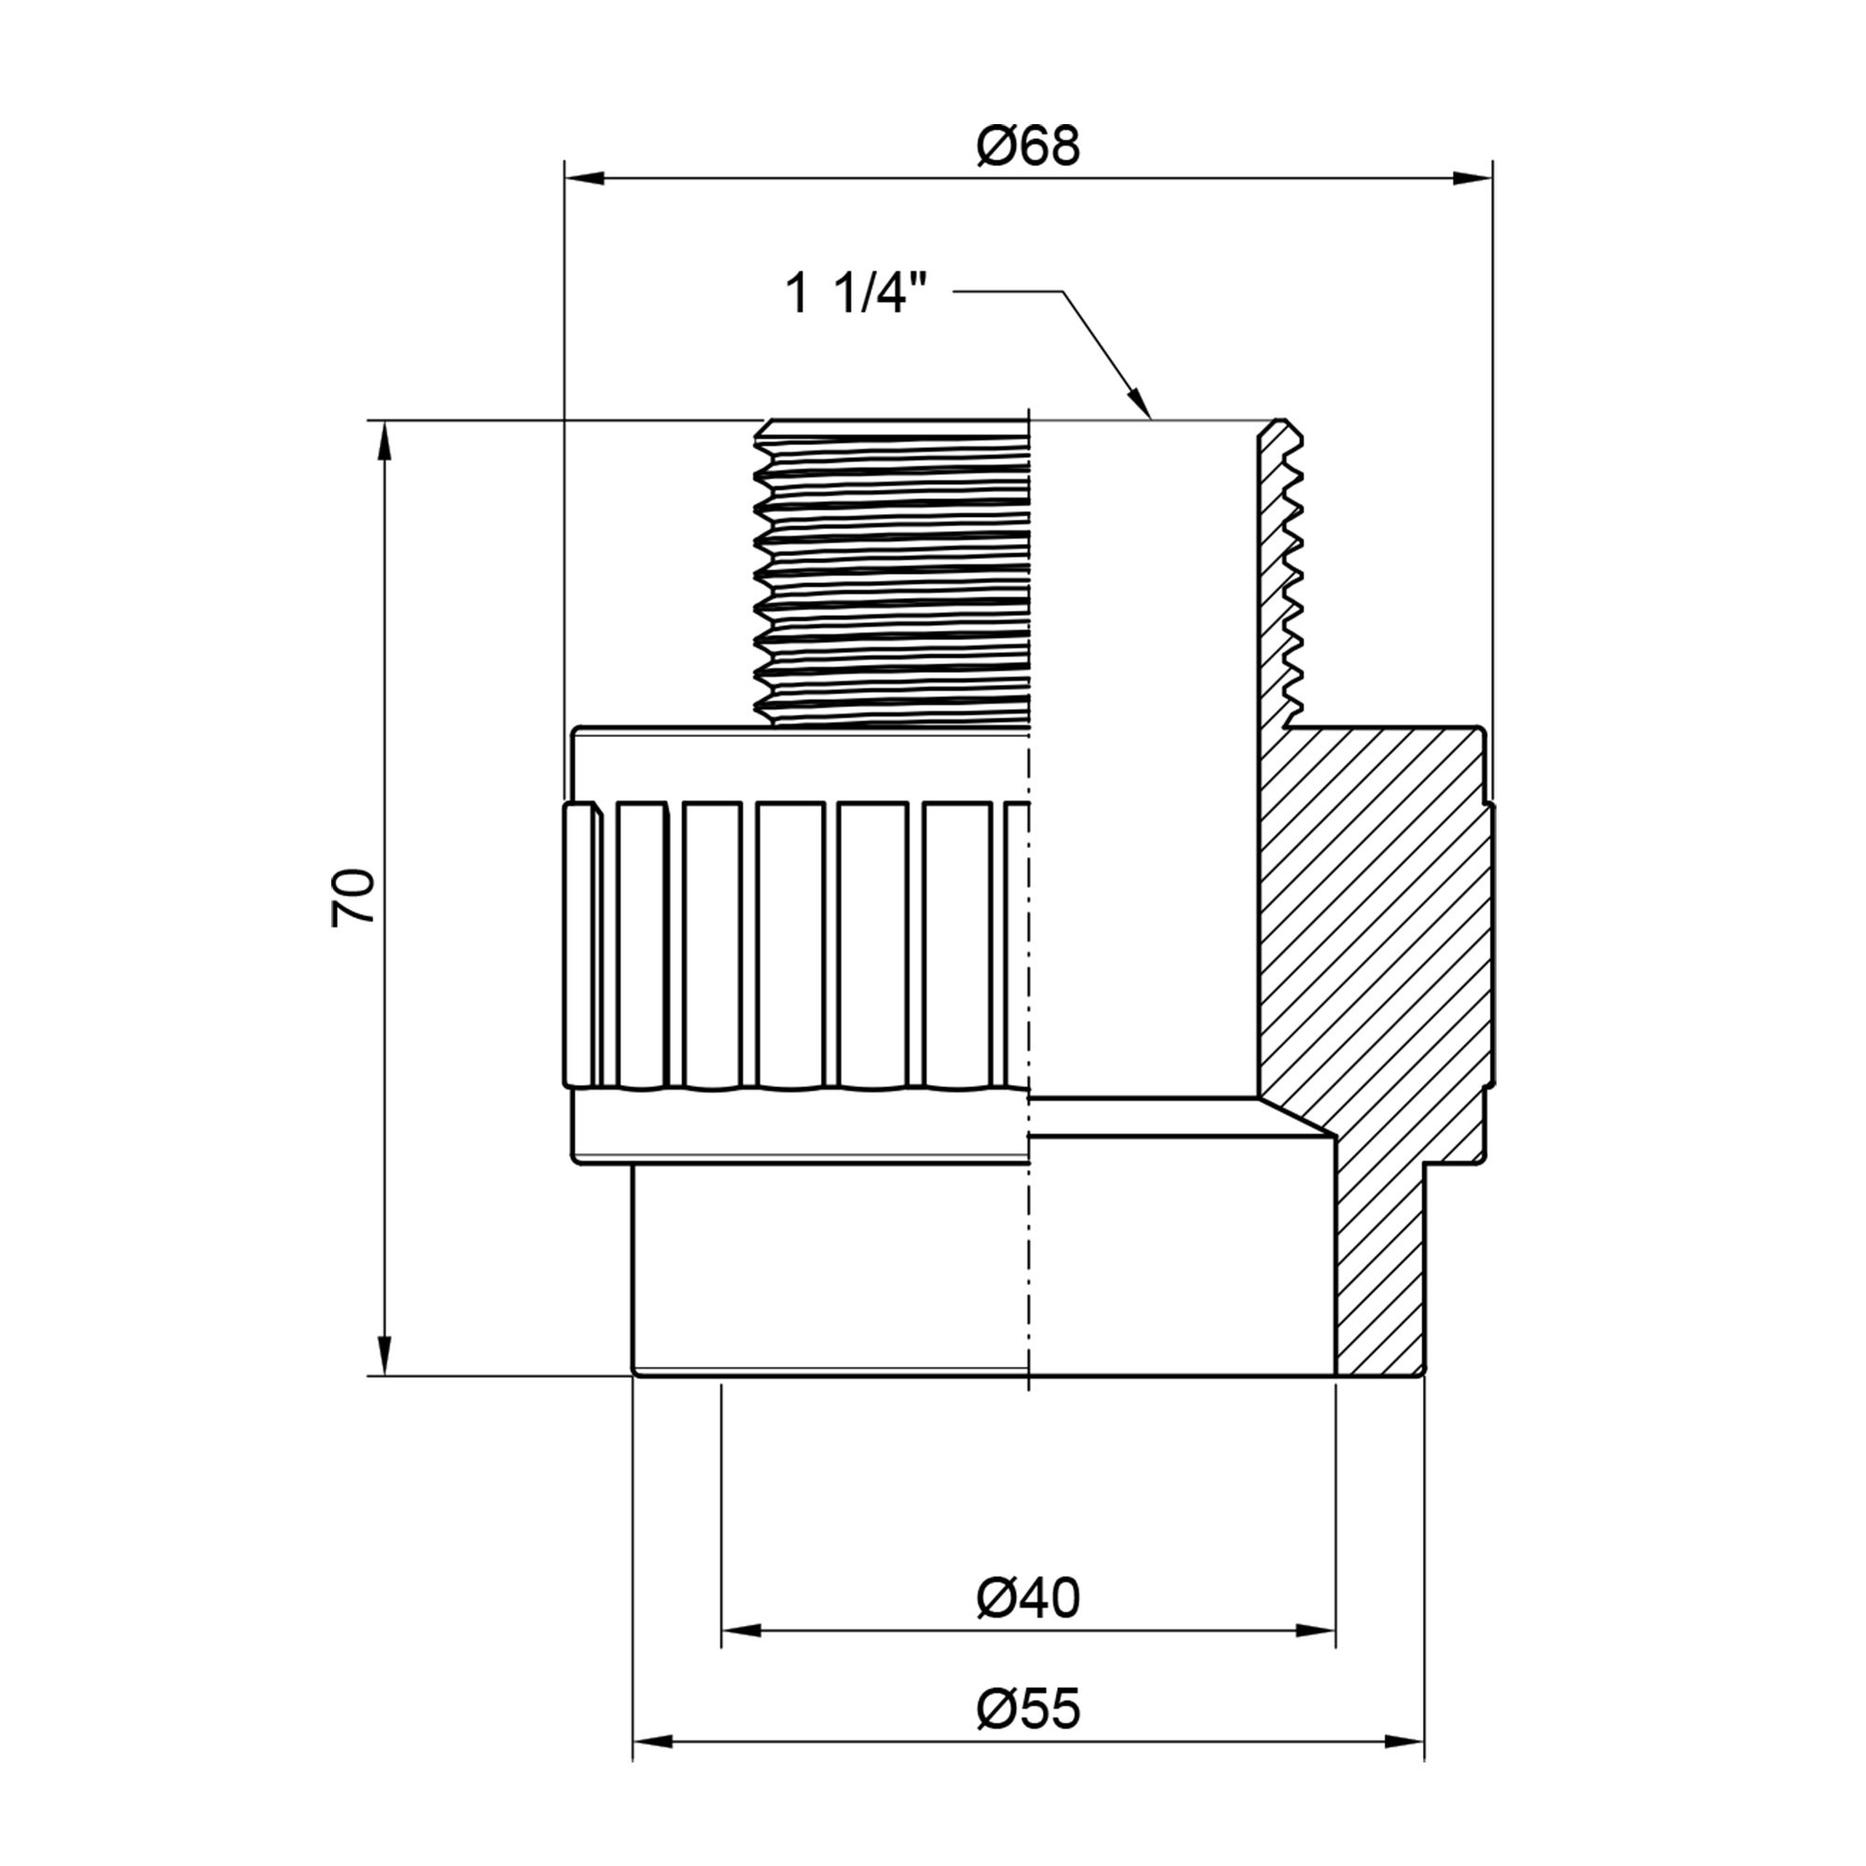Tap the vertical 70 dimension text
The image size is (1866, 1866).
point(354,898)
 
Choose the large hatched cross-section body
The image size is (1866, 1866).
point(1372,927)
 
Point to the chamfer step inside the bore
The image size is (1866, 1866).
point(1294,1119)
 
